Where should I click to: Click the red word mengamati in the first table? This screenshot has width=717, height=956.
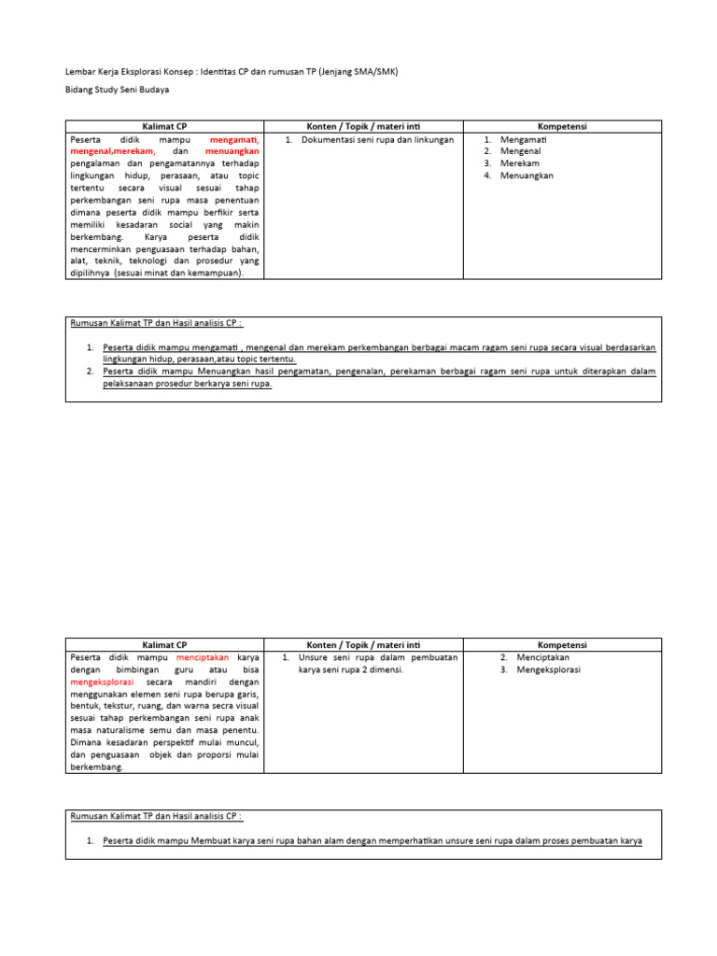point(234,139)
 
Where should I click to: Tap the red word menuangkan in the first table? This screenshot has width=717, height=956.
point(232,151)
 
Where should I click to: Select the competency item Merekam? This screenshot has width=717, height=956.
point(519,163)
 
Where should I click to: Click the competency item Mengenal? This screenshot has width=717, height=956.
point(520,151)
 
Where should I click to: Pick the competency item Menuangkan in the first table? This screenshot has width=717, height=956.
point(527,176)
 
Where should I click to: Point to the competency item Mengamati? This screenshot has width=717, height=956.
point(523,139)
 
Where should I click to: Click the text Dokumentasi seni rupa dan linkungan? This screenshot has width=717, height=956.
point(377,139)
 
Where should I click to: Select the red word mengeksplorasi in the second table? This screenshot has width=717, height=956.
point(102,682)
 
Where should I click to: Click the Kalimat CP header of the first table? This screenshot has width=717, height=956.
point(164,126)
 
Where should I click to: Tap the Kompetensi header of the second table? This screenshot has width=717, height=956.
point(562,644)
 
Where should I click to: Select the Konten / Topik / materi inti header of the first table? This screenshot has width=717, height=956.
point(363,126)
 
